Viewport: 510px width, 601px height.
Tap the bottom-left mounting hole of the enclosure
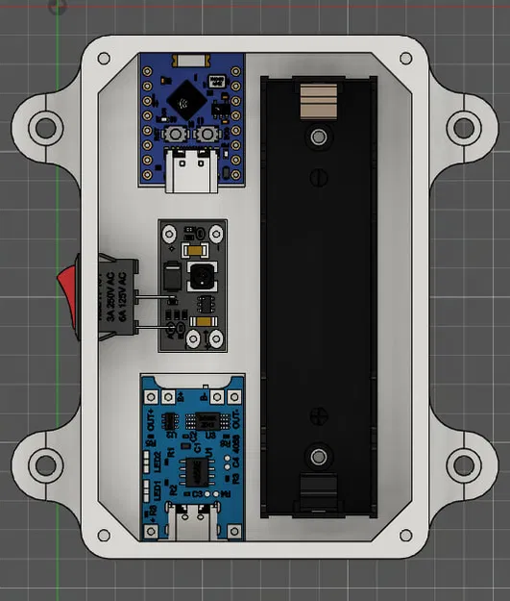point(43,463)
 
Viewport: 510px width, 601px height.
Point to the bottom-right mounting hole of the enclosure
point(465,463)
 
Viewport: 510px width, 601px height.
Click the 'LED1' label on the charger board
point(149,488)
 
